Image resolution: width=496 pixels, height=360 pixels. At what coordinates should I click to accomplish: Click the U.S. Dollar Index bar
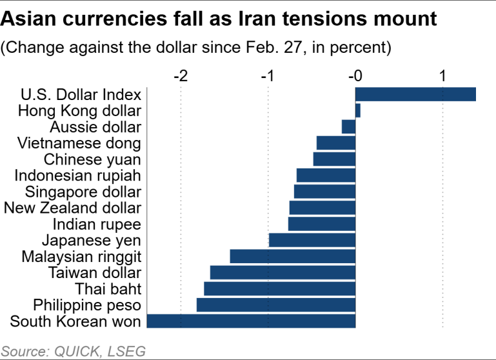(415, 94)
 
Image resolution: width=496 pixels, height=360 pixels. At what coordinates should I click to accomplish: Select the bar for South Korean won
(252, 321)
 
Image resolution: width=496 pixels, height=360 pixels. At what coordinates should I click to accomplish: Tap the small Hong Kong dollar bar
(358, 110)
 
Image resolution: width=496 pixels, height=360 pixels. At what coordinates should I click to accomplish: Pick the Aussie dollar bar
(349, 126)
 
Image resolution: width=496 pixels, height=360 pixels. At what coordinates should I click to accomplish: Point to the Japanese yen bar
(312, 240)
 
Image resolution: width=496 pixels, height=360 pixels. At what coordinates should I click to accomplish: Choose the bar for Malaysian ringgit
(293, 256)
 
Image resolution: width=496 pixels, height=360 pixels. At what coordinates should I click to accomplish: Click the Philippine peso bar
(276, 305)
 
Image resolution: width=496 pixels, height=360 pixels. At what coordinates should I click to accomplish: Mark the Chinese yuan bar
(335, 159)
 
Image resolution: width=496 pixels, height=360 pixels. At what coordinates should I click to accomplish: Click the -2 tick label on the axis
(181, 76)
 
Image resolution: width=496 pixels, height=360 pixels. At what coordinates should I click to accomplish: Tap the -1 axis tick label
(268, 76)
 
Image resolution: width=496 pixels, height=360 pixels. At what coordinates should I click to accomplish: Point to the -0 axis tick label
(355, 76)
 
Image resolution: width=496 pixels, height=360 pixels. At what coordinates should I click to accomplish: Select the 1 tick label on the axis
(443, 76)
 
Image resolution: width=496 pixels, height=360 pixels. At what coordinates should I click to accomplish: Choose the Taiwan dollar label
(95, 272)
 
